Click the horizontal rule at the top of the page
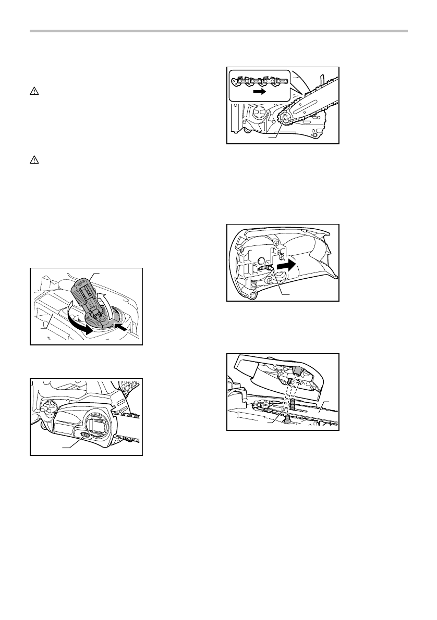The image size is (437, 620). coord(218,31)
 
